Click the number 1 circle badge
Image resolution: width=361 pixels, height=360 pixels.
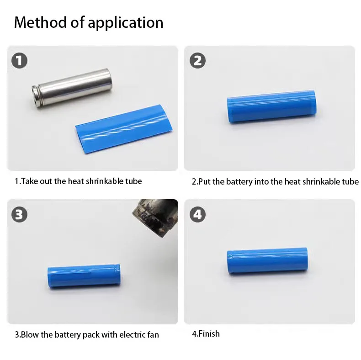(19, 61)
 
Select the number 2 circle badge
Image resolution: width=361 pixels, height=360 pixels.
(197, 61)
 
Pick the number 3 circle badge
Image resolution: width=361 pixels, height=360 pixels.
(19, 215)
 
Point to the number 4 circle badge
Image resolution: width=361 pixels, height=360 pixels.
(197, 215)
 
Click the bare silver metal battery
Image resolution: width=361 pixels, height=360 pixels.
(72, 88)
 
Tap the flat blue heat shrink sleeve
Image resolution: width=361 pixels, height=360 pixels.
(124, 128)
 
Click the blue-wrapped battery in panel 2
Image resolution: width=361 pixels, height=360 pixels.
(272, 106)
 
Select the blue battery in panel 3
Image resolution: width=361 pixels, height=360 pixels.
(84, 276)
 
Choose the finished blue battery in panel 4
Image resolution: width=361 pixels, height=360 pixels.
(267, 260)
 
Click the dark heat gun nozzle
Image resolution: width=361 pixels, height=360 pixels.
(155, 217)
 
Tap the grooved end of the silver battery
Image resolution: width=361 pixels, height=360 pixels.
(35, 97)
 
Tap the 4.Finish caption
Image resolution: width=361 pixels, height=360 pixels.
(206, 334)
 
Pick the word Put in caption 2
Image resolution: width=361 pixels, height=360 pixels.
(204, 182)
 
